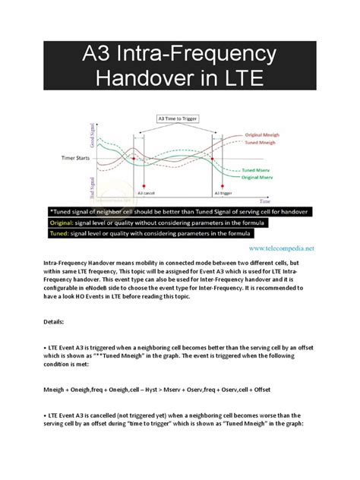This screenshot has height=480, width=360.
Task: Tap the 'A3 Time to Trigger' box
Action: coord(181,118)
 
